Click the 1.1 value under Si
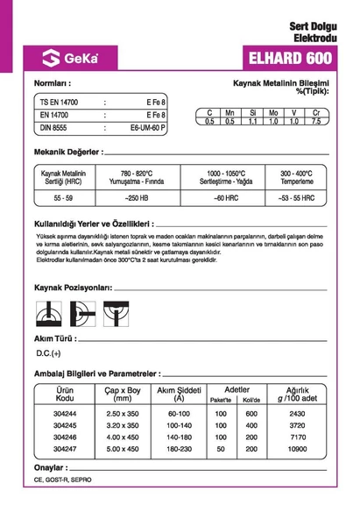251,121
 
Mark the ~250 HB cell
137,199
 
